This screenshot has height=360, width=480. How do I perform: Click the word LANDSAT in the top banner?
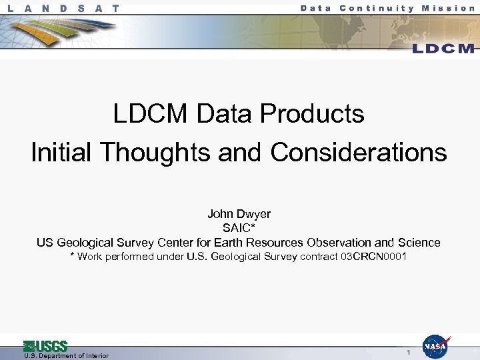point(65,9)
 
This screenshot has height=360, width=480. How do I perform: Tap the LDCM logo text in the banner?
point(443,49)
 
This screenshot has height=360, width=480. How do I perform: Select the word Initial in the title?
point(62,153)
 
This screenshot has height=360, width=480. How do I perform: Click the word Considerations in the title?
point(359,153)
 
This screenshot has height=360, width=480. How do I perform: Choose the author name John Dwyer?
point(239,214)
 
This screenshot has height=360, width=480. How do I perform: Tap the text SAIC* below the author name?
point(239,228)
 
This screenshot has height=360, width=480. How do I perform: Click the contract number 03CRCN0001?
point(373,257)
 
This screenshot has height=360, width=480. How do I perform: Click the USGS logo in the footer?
point(45,346)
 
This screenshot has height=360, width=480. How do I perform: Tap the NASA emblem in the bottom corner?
point(435,347)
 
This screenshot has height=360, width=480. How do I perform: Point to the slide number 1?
point(408,351)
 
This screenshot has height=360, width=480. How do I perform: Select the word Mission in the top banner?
point(448,8)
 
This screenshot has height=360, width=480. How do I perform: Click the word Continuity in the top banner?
point(377,8)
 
